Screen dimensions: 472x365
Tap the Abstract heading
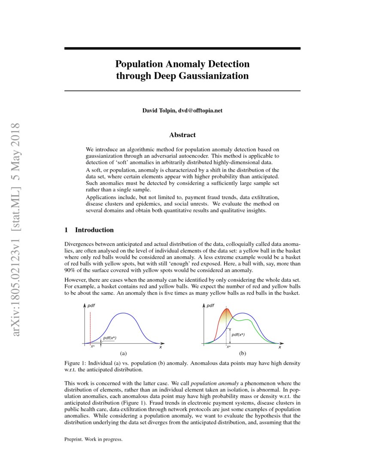tap(182, 135)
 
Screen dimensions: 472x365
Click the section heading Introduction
tap(94, 230)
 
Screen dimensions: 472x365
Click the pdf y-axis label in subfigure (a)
tap(91, 306)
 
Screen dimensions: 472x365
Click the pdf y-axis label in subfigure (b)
tap(210, 306)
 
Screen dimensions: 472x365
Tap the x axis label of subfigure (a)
tap(161, 347)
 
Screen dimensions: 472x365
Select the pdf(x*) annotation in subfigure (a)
tap(110, 338)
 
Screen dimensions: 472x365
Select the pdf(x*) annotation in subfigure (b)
tap(238, 335)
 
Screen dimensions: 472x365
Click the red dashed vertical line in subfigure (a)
tap(91, 326)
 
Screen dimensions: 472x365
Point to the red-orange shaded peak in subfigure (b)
tap(225, 318)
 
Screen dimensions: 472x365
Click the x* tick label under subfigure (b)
tap(228, 347)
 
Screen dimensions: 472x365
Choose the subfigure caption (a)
tap(123, 354)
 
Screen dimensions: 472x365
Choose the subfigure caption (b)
tap(243, 354)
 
